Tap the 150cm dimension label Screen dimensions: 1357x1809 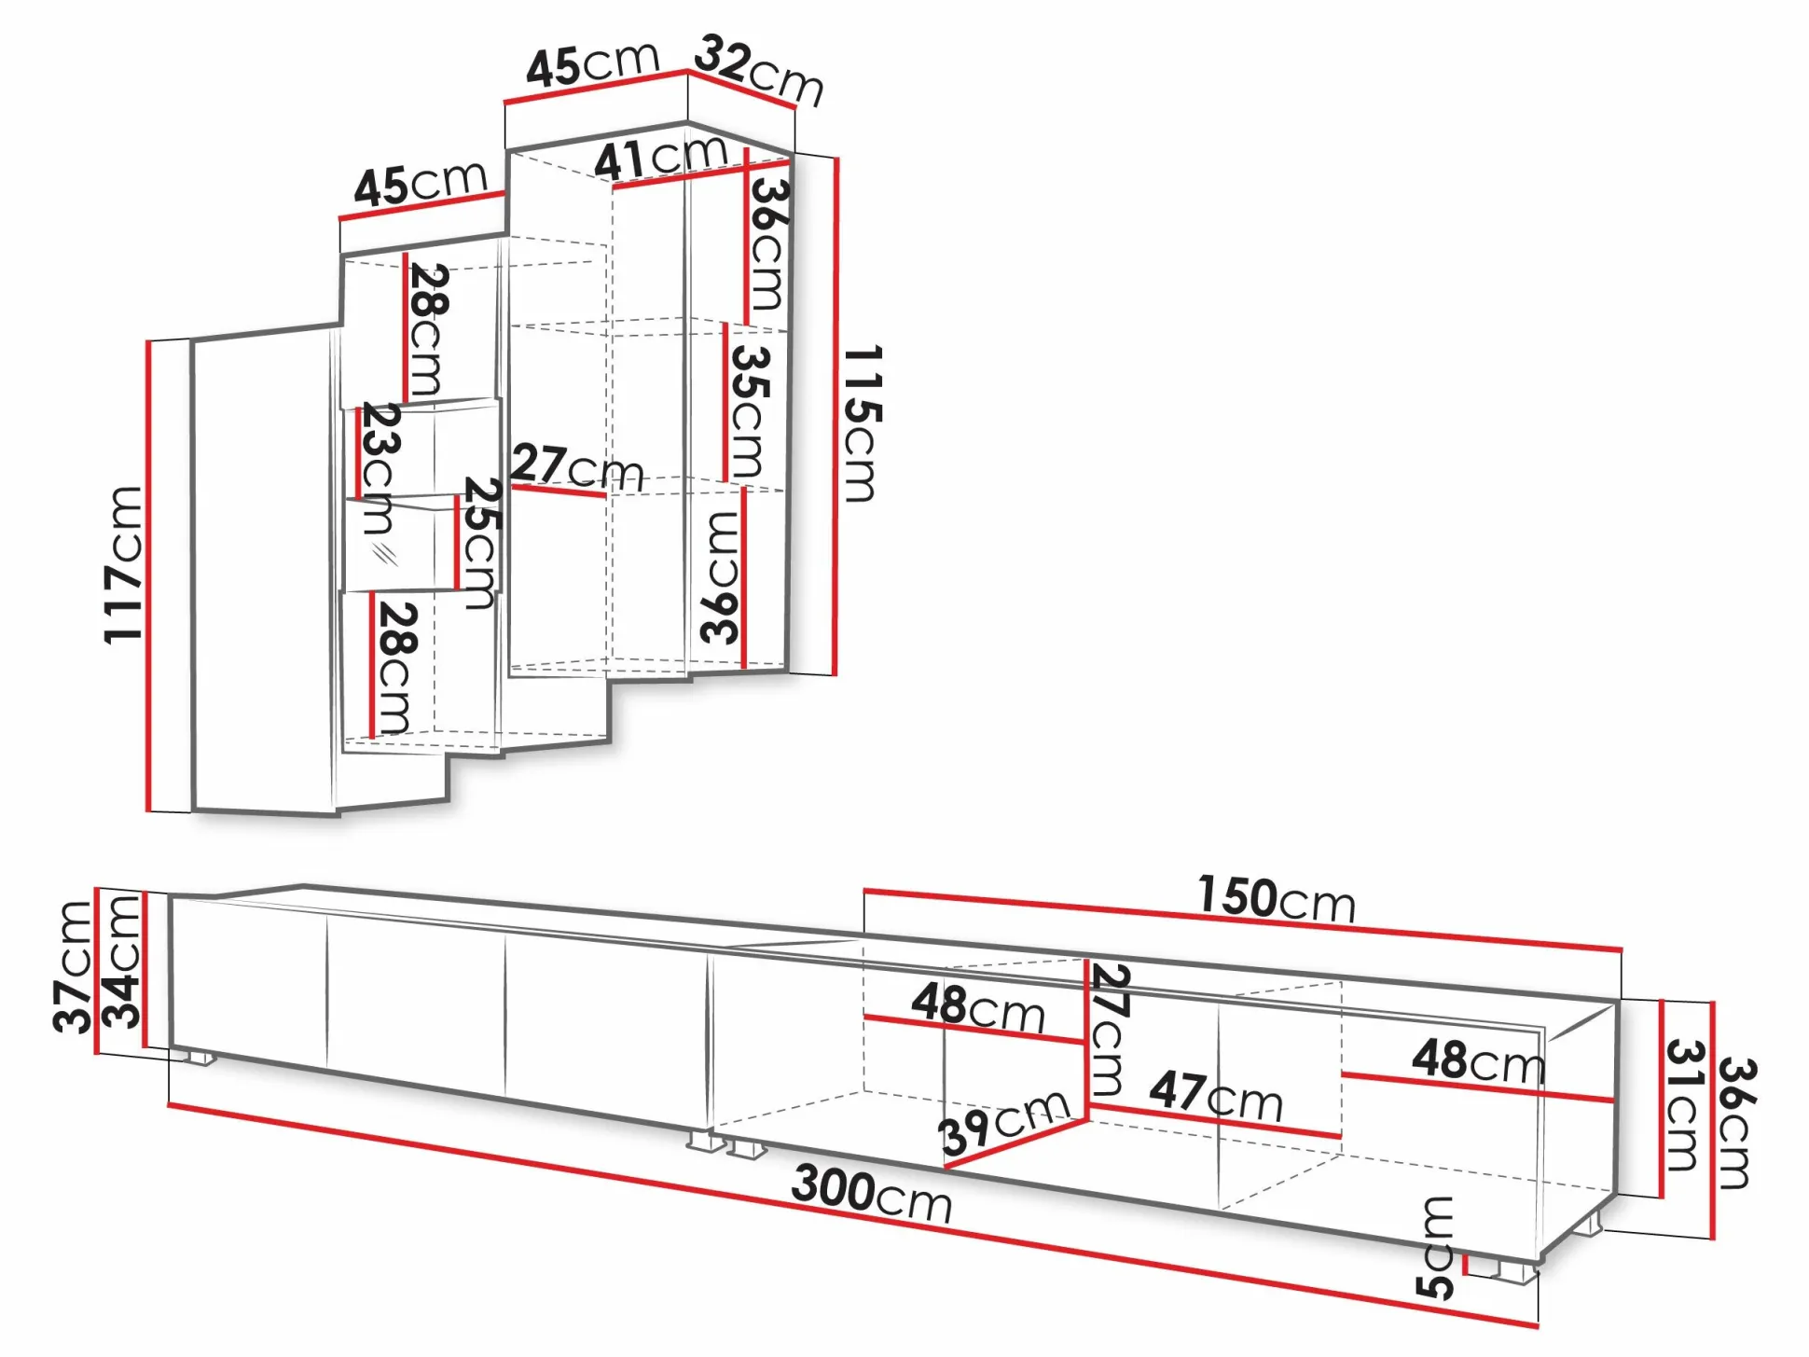coord(1276,899)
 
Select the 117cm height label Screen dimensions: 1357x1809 coord(124,564)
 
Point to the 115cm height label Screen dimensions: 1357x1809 coord(861,424)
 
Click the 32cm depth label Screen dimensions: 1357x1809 coord(759,69)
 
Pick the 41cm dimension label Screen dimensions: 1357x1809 coord(660,158)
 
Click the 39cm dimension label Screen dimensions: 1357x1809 coord(1003,1121)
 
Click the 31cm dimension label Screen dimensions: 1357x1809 coord(1685,1105)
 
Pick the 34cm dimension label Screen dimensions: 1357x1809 coord(121,962)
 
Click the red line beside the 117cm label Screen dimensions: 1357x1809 coord(148,575)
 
